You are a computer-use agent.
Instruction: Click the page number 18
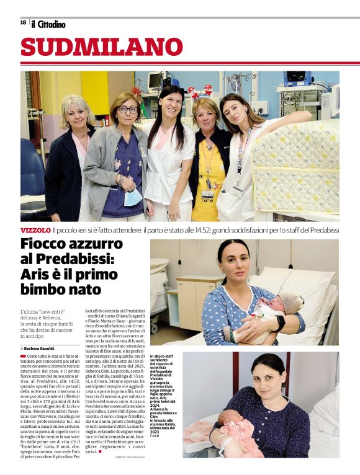coord(23,23)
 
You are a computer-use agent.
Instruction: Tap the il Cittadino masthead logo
coord(48,24)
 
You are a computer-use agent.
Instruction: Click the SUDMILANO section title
coord(102,47)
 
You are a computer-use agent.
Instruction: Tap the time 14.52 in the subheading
coord(202,230)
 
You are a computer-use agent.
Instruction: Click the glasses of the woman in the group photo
coord(128,110)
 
